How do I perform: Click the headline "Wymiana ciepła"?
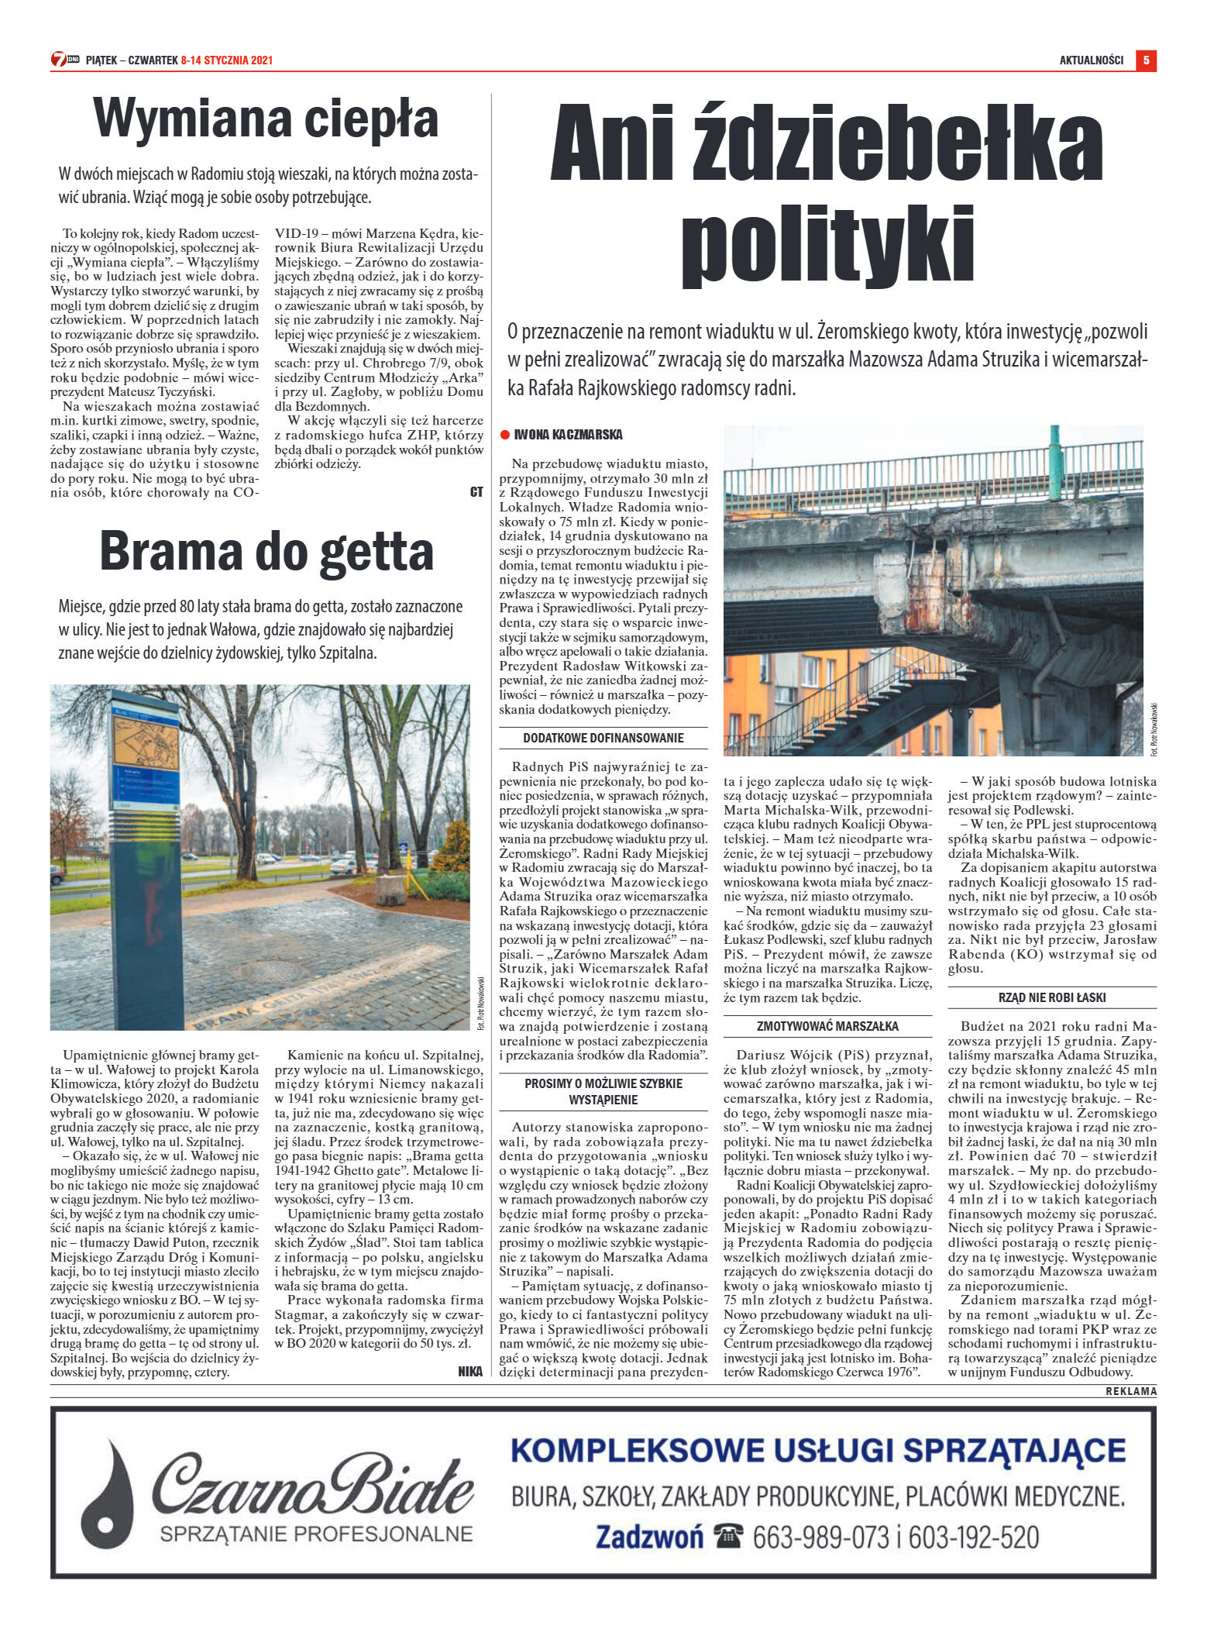[266, 119]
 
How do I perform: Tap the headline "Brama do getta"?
[266, 551]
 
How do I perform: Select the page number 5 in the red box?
[1146, 60]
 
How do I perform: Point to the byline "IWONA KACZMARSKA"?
[568, 435]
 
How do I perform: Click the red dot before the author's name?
[504, 435]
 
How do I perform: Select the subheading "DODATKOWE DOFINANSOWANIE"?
[603, 739]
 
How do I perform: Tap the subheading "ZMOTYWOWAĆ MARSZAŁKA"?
[827, 1027]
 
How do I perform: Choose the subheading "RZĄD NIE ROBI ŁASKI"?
[1051, 998]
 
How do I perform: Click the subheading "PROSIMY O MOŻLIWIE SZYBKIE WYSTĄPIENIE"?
[603, 1091]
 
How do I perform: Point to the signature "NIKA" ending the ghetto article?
[470, 1371]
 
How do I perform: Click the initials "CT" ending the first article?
[476, 491]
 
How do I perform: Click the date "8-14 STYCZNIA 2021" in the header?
[226, 60]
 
